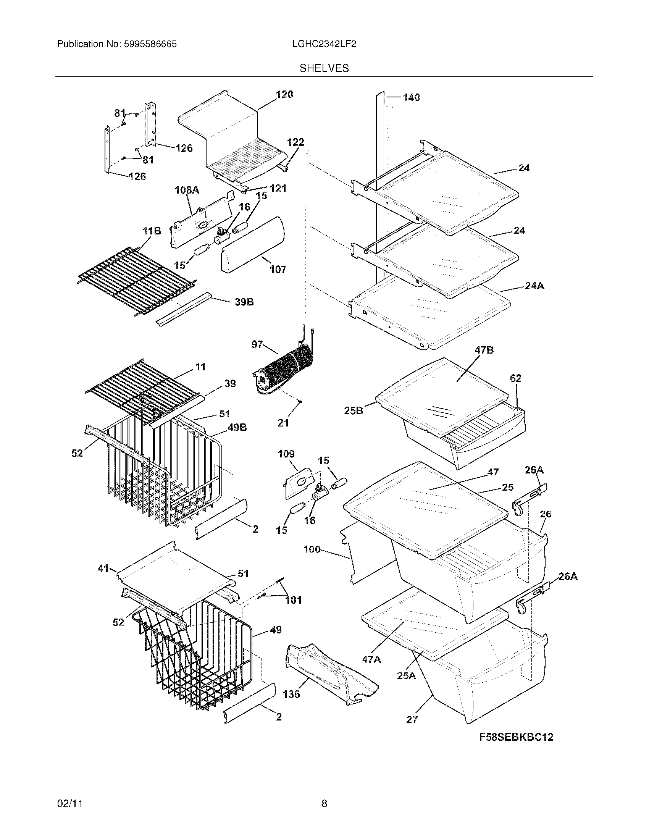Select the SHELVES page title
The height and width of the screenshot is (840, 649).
coord(324,68)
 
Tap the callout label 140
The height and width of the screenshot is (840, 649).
coord(411,98)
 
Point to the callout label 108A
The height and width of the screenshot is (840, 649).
coord(187,190)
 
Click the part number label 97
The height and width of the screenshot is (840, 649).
coord(257,345)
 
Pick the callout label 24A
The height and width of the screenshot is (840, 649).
coord(534,286)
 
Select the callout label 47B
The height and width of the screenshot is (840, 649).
coord(484,350)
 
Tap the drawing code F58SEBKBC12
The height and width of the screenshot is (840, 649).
coord(516,737)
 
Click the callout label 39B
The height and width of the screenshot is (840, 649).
coord(244,302)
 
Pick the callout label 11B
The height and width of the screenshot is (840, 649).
coord(152,231)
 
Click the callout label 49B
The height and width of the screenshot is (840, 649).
coord(237,427)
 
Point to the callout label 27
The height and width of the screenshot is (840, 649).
coord(412,719)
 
